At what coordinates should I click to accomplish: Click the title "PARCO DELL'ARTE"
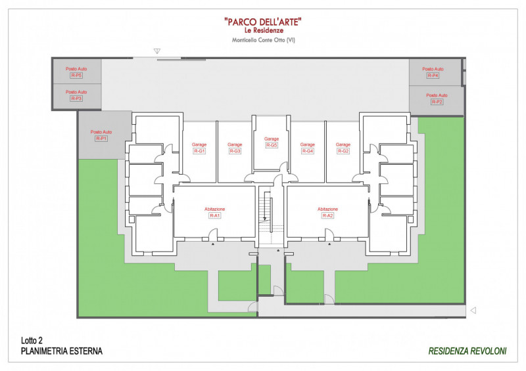coord(262,22)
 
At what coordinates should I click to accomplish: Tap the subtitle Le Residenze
coord(264,30)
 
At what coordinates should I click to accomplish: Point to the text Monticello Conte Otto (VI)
coord(264,40)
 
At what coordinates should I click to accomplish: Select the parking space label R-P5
coord(76,76)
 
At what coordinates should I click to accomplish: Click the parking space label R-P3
coord(76,98)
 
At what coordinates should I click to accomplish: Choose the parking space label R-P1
coord(101,139)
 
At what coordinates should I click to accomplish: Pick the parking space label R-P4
coord(433,76)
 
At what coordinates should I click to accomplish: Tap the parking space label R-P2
coord(437,102)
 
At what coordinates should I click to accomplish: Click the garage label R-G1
coord(199,151)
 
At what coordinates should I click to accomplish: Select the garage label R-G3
coord(235,151)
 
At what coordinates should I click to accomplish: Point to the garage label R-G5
coord(272,145)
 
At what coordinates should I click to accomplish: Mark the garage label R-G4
coord(308,151)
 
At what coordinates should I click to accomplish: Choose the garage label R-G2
coord(343,151)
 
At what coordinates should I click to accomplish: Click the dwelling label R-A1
coord(215,215)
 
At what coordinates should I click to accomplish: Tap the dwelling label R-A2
coord(327,215)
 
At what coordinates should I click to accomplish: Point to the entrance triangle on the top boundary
coord(157,51)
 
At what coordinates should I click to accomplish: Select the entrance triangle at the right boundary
coord(473,311)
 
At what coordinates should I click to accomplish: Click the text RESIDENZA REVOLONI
coord(467,351)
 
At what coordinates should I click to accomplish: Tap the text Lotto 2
coord(32,341)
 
